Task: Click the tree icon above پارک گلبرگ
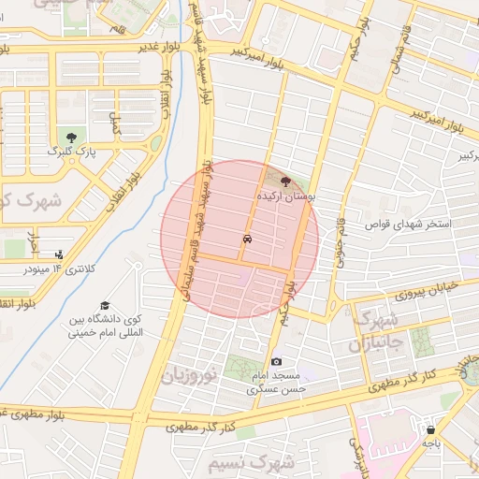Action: click(x=65, y=138)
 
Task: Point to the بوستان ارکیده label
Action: click(x=286, y=198)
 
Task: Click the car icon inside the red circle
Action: click(x=246, y=239)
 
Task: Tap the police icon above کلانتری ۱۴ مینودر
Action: click(x=59, y=254)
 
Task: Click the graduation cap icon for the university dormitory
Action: click(x=106, y=306)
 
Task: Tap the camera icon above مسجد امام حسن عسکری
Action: click(x=276, y=362)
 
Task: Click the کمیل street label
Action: click(x=116, y=123)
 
